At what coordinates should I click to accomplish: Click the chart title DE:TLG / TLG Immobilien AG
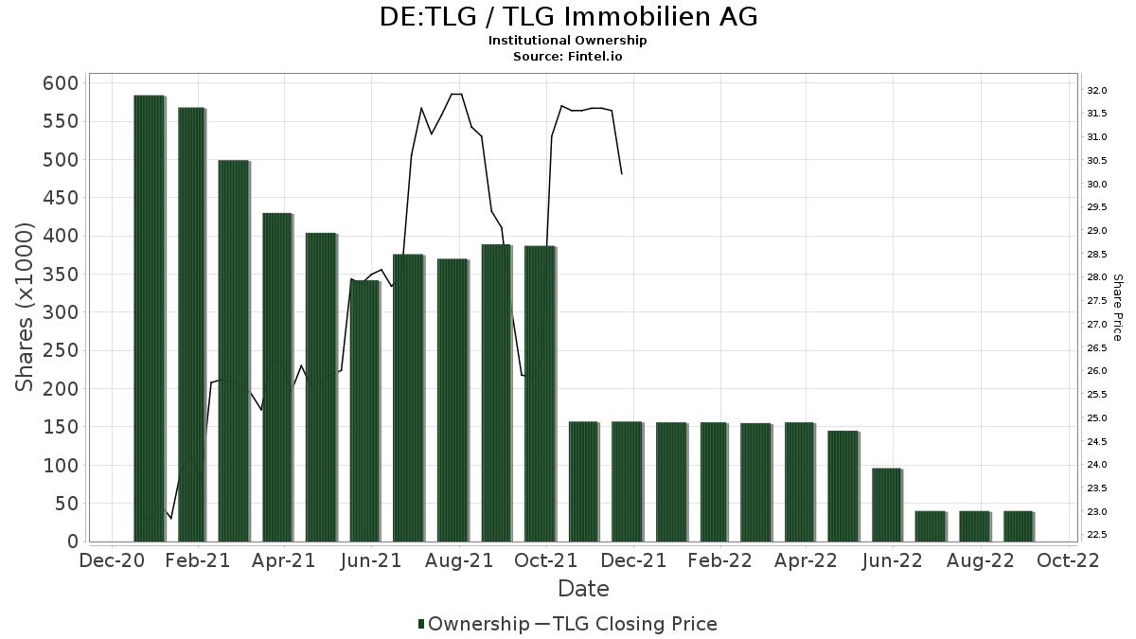[x=568, y=17]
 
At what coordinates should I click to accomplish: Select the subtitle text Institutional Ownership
[x=568, y=41]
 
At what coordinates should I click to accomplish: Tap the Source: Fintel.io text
[x=568, y=56]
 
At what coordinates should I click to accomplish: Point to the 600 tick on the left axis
[x=60, y=83]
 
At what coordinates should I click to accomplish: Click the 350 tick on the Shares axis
[x=60, y=275]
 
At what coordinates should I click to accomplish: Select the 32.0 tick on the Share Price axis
[x=1096, y=91]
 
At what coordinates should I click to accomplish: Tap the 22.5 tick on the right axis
[x=1096, y=535]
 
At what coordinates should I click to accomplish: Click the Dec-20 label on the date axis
[x=113, y=560]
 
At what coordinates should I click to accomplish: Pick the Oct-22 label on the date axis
[x=1068, y=560]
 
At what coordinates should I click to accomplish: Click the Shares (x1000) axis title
[x=26, y=307]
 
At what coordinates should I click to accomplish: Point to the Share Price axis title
[x=1117, y=308]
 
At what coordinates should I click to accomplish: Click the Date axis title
[x=583, y=589]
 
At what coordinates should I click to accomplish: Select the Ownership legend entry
[x=473, y=624]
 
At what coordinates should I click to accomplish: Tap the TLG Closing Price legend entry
[x=626, y=624]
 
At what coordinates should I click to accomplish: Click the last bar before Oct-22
[x=1018, y=526]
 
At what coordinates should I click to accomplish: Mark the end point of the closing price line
[x=621, y=173]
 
